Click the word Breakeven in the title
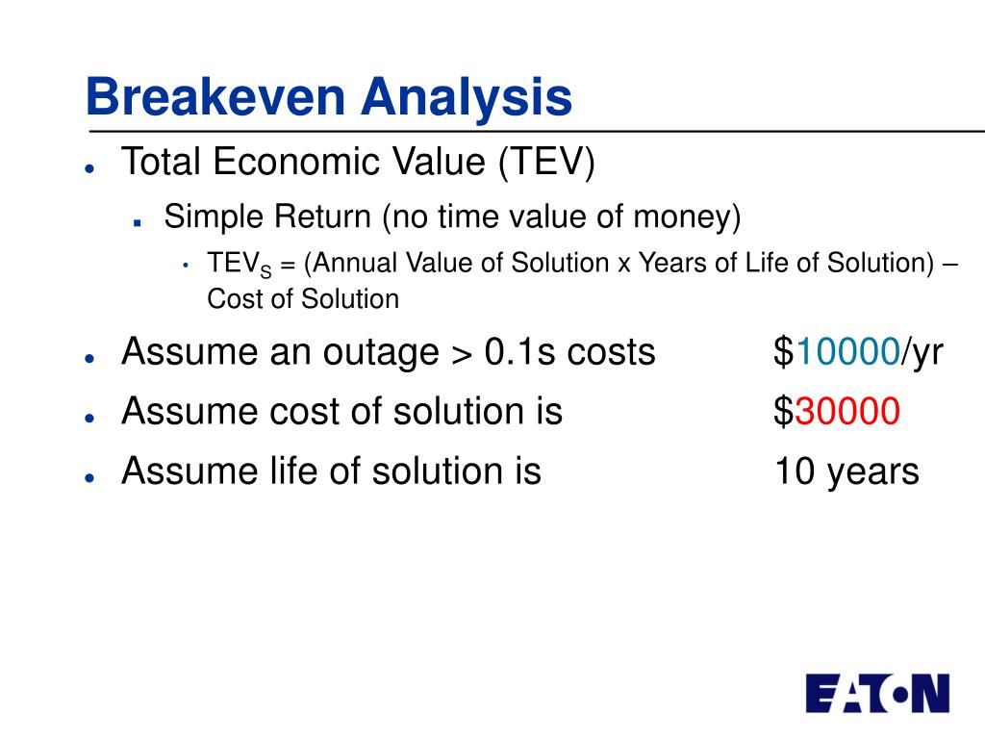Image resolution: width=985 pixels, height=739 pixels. tap(215, 97)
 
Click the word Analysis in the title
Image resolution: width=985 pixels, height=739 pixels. tap(467, 99)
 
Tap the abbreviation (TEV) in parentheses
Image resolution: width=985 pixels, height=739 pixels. tap(546, 162)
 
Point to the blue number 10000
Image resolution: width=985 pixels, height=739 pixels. tap(847, 351)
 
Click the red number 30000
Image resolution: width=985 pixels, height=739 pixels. tap(847, 411)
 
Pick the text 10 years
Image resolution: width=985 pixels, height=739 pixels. tap(846, 472)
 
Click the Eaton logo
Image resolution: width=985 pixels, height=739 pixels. tap(877, 694)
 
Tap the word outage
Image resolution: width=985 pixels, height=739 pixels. tap(381, 353)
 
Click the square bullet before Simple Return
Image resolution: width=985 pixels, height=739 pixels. tap(137, 222)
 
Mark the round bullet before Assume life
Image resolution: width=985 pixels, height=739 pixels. tap(89, 477)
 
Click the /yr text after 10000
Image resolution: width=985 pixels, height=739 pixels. tap(922, 353)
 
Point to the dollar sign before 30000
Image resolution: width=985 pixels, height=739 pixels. tap(784, 412)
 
